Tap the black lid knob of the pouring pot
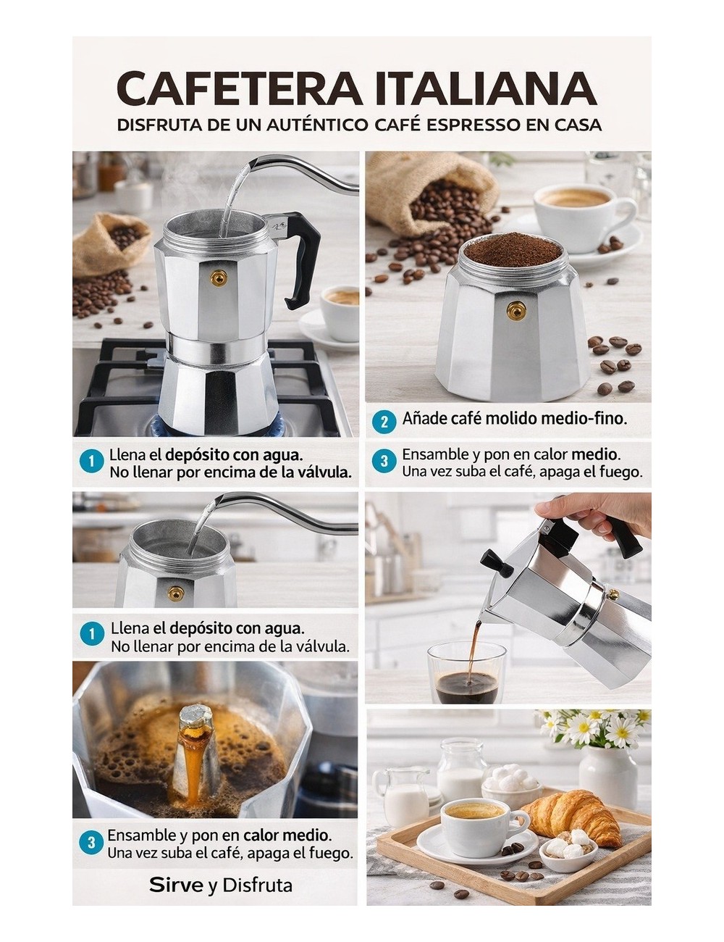pos(493,560)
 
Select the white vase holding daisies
pos(607,776)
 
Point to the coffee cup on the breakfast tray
pos(476,826)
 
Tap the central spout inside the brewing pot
pos(195,754)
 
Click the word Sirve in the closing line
pos(177,885)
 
